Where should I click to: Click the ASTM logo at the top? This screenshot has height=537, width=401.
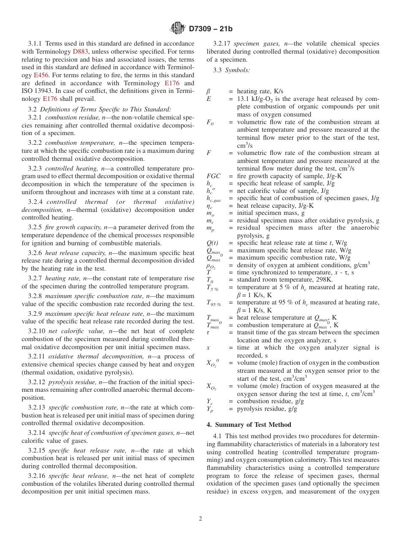(x=177, y=28)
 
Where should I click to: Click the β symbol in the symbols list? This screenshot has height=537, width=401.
(x=208, y=91)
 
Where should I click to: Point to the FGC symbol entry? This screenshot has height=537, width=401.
(x=213, y=176)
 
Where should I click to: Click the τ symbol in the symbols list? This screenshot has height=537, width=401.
(x=208, y=333)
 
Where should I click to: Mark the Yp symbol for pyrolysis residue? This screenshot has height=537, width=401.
(x=210, y=410)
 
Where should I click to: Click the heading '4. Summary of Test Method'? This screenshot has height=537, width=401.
(x=249, y=425)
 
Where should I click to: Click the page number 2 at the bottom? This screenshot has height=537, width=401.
(x=200, y=519)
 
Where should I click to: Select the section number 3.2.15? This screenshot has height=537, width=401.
(x=37, y=450)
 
